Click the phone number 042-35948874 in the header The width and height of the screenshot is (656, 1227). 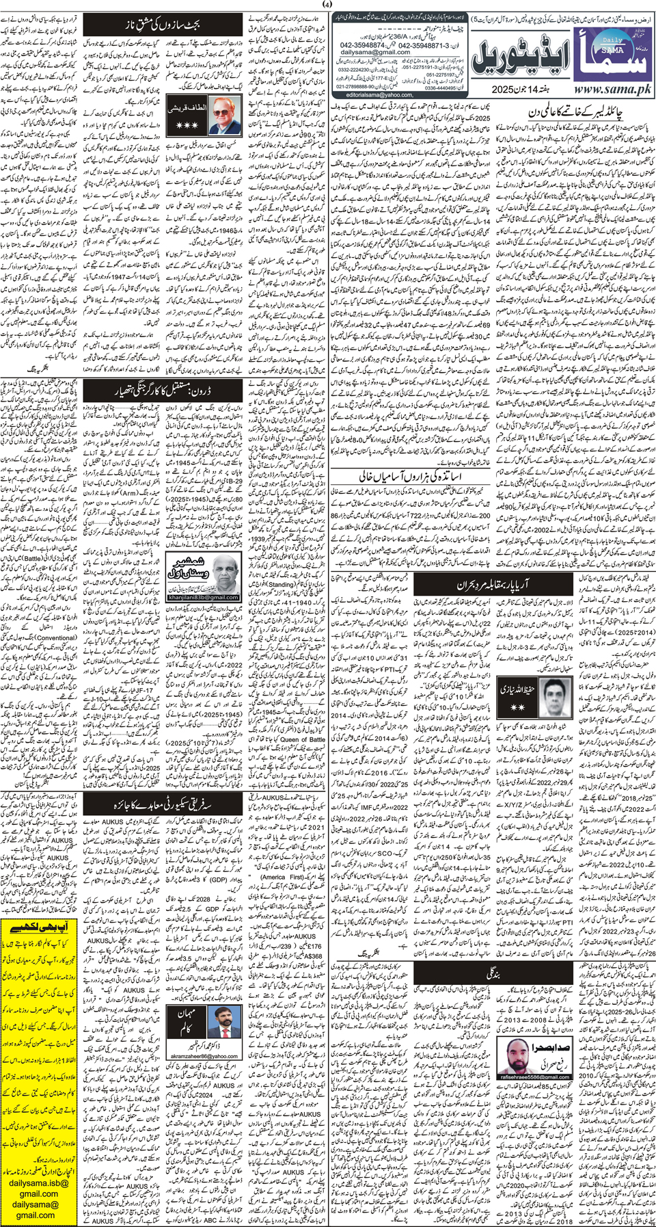pos(365,43)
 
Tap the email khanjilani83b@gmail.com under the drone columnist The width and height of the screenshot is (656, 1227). pos(202,597)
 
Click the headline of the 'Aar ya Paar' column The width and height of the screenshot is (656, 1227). pos(485,585)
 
